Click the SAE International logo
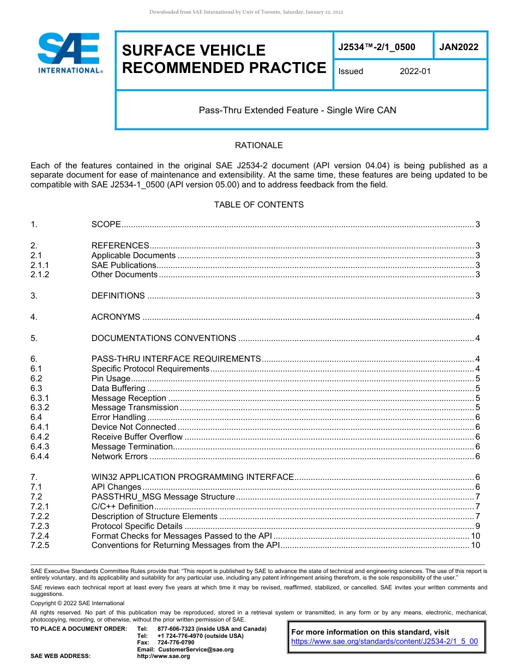[x=69, y=53]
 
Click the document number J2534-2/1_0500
[x=377, y=47]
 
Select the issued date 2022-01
[x=415, y=71]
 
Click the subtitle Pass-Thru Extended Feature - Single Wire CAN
[x=297, y=110]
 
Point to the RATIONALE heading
[x=258, y=145]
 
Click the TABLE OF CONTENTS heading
[x=258, y=205]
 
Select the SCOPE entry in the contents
[x=106, y=224]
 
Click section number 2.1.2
[x=40, y=275]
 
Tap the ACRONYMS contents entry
[x=116, y=317]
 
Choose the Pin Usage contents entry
[x=111, y=379]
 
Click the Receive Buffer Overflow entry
[x=137, y=437]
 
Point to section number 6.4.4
[x=40, y=456]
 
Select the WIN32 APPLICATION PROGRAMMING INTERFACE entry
[x=192, y=477]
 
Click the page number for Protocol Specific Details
[x=477, y=526]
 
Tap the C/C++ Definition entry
[x=122, y=507]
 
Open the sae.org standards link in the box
[x=384, y=642]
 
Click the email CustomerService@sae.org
[x=195, y=649]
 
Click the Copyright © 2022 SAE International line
[x=77, y=603]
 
